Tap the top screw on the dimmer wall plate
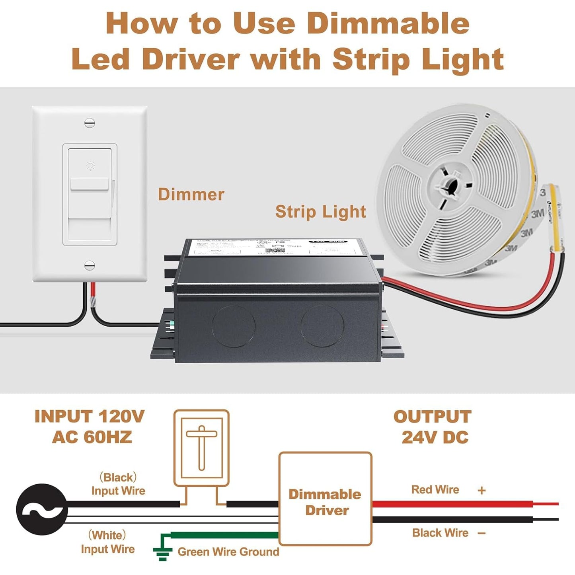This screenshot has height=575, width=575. (x=90, y=123)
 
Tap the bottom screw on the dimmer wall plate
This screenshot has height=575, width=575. (x=90, y=265)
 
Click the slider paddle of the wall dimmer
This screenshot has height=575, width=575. (x=90, y=185)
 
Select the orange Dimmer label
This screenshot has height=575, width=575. (x=191, y=195)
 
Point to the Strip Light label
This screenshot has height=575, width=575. (x=320, y=212)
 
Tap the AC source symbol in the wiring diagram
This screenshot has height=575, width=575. (x=41, y=509)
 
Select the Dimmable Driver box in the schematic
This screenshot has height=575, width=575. (x=326, y=499)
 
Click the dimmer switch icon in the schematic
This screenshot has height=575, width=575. (x=201, y=448)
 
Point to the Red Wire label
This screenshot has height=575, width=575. (x=435, y=489)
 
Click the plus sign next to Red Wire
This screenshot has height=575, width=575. (x=481, y=490)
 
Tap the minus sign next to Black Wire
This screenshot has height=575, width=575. (x=481, y=533)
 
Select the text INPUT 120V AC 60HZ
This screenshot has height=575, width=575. (x=90, y=427)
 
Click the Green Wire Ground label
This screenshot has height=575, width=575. (x=228, y=552)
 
